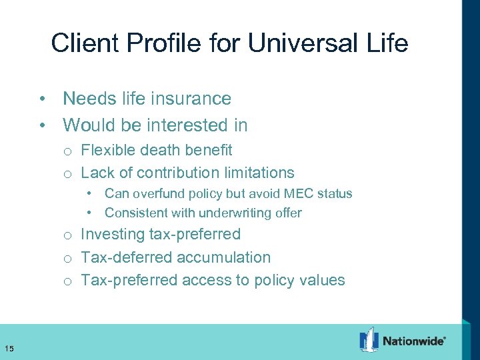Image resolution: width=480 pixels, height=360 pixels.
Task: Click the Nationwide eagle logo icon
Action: [369, 340]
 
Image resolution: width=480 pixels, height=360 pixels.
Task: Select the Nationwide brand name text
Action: [414, 341]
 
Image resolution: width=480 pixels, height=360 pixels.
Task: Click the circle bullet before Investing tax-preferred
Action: [68, 235]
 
